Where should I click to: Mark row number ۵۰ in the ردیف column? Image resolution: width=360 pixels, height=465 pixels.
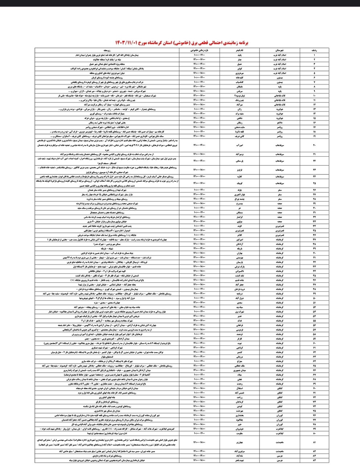click(315, 298)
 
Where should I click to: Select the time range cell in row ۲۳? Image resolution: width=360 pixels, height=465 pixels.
click(200, 169)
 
